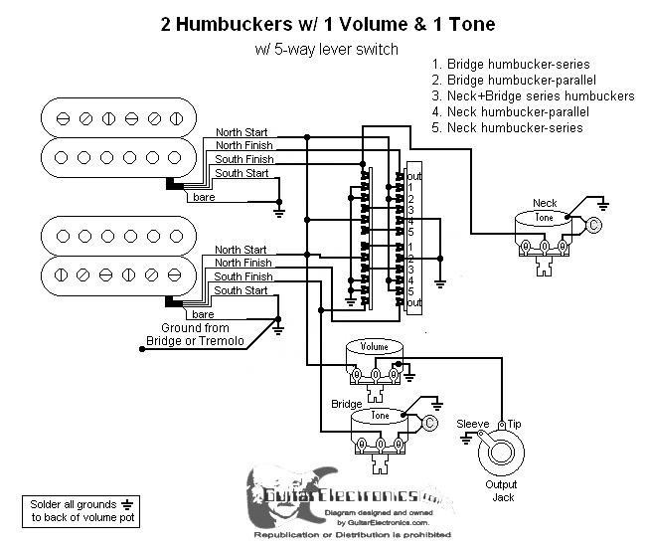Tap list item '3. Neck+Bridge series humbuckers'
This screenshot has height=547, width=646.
[x=533, y=96]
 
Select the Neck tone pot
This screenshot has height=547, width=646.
[x=544, y=227]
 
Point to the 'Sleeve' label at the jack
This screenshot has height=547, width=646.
[x=472, y=425]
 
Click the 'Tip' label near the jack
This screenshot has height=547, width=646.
[x=514, y=425]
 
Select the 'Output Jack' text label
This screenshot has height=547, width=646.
[x=503, y=491]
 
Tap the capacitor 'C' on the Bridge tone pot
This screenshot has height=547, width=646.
[x=429, y=424]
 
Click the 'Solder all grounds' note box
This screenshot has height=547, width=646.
[x=79, y=512]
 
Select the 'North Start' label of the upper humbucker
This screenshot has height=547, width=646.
[x=242, y=132]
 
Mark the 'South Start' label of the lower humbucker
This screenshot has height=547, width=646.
[x=242, y=290]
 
